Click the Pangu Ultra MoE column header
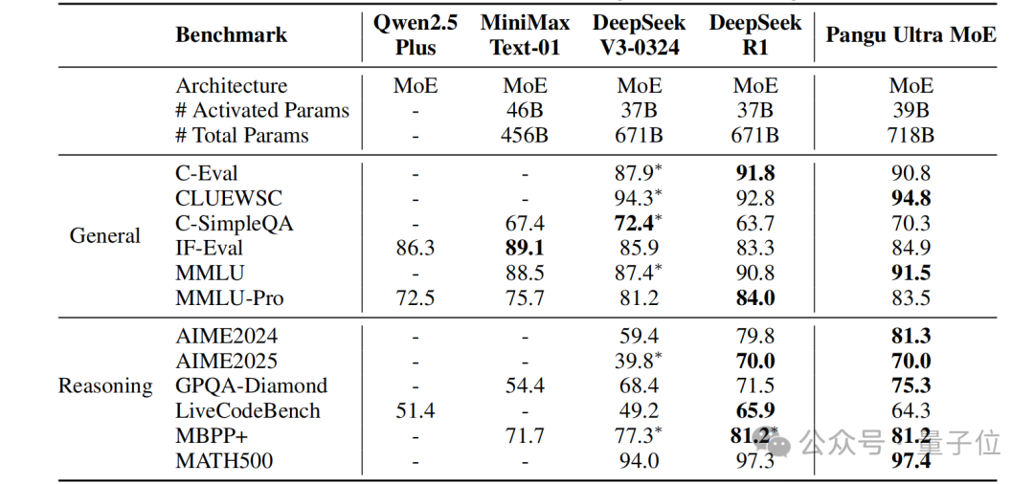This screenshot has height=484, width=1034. pyautogui.click(x=911, y=35)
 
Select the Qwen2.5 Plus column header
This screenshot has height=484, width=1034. pyautogui.click(x=416, y=35)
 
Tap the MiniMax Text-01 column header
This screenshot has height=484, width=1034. pyautogui.click(x=524, y=35)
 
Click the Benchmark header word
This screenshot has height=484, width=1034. pyautogui.click(x=231, y=35)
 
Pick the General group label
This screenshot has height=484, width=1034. pyautogui.click(x=105, y=235)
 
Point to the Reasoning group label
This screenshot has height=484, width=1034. pyautogui.click(x=105, y=385)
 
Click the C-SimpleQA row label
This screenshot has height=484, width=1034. pyautogui.click(x=235, y=223)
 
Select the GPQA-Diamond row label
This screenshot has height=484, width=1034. pyautogui.click(x=251, y=385)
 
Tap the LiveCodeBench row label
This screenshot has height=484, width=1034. pyautogui.click(x=248, y=410)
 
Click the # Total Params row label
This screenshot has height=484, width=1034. pyautogui.click(x=242, y=135)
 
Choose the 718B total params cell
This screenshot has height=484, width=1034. pyautogui.click(x=910, y=135)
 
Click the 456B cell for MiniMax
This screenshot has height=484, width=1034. pyautogui.click(x=524, y=135)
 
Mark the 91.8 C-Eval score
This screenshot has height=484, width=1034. pyautogui.click(x=755, y=173)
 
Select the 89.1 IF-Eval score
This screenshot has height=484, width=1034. pyautogui.click(x=524, y=248)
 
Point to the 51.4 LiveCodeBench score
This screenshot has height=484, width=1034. pyautogui.click(x=416, y=410)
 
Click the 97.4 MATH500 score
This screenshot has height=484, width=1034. pyautogui.click(x=910, y=461)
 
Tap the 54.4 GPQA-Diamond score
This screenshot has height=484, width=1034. pyautogui.click(x=524, y=385)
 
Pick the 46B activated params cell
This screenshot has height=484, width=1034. pyautogui.click(x=524, y=110)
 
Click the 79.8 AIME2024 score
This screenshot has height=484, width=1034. pyautogui.click(x=755, y=336)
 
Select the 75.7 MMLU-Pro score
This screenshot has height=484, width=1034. pyautogui.click(x=524, y=297)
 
